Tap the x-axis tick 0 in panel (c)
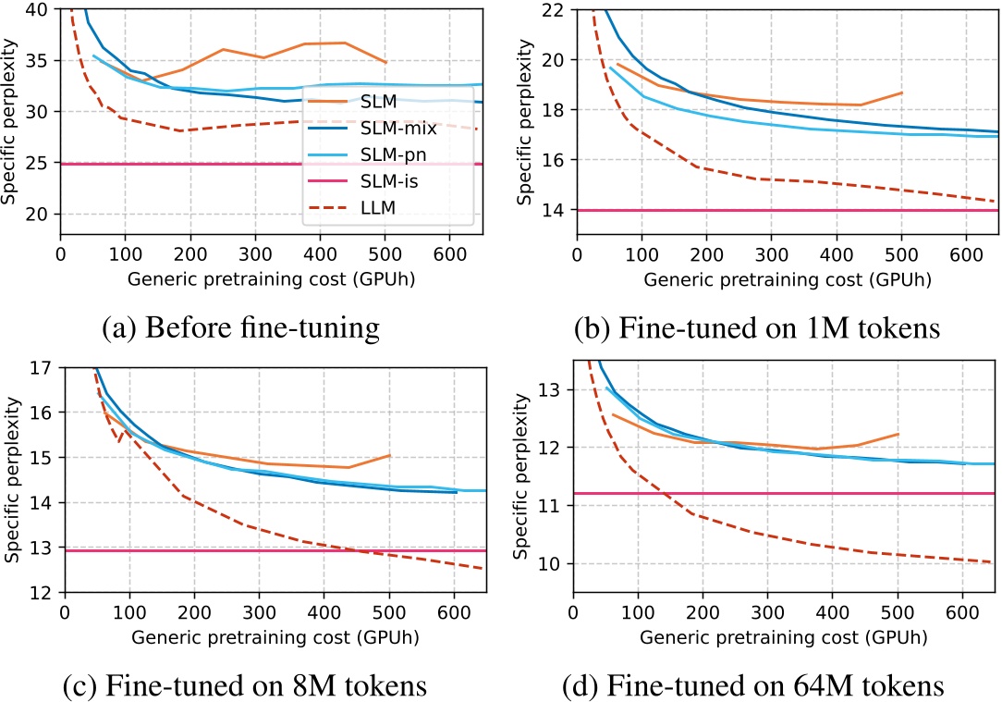point(64,611)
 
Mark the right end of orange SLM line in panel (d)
point(898,434)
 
